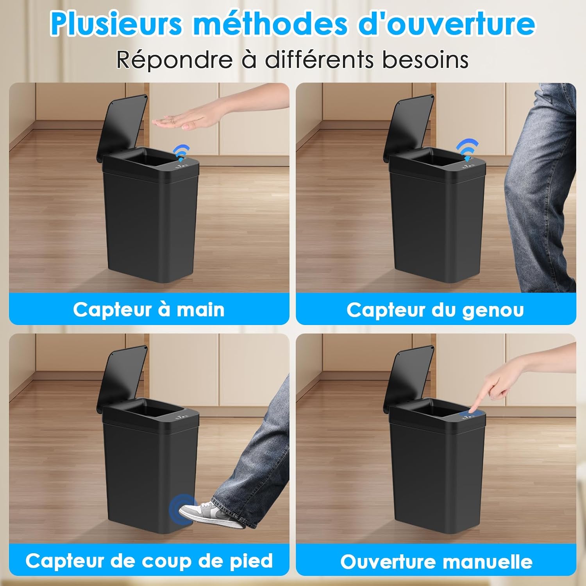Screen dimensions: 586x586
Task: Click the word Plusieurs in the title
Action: tap(116, 24)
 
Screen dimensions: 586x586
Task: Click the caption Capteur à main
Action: tap(149, 310)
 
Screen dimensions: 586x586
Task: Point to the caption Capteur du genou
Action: tap(435, 310)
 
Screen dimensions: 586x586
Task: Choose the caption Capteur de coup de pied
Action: tap(149, 561)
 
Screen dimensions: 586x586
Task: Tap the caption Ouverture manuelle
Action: tap(436, 562)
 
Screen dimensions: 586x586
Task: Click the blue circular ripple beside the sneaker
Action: tap(180, 508)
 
